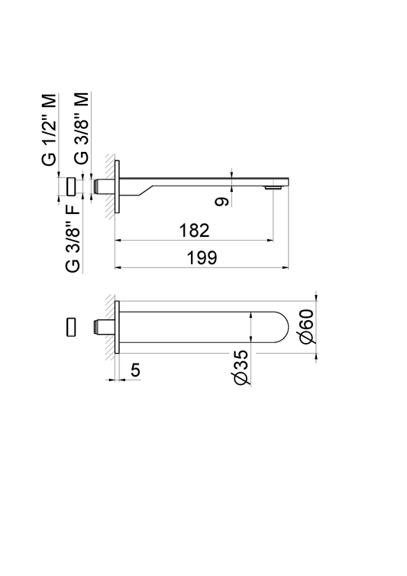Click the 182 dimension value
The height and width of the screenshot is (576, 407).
coord(194,231)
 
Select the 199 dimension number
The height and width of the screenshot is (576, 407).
coord(202,257)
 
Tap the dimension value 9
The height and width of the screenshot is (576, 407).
coord(222,202)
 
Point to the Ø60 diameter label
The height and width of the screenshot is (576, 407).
coord(307,326)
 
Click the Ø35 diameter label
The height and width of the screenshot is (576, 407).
coord(241,367)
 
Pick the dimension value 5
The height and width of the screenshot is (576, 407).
coord(136,370)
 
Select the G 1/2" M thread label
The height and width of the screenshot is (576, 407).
coord(50,129)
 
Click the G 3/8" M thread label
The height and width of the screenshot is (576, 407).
coord(81,128)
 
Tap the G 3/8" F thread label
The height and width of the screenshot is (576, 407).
coord(73,238)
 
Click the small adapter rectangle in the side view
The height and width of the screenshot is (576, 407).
coord(71,186)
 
